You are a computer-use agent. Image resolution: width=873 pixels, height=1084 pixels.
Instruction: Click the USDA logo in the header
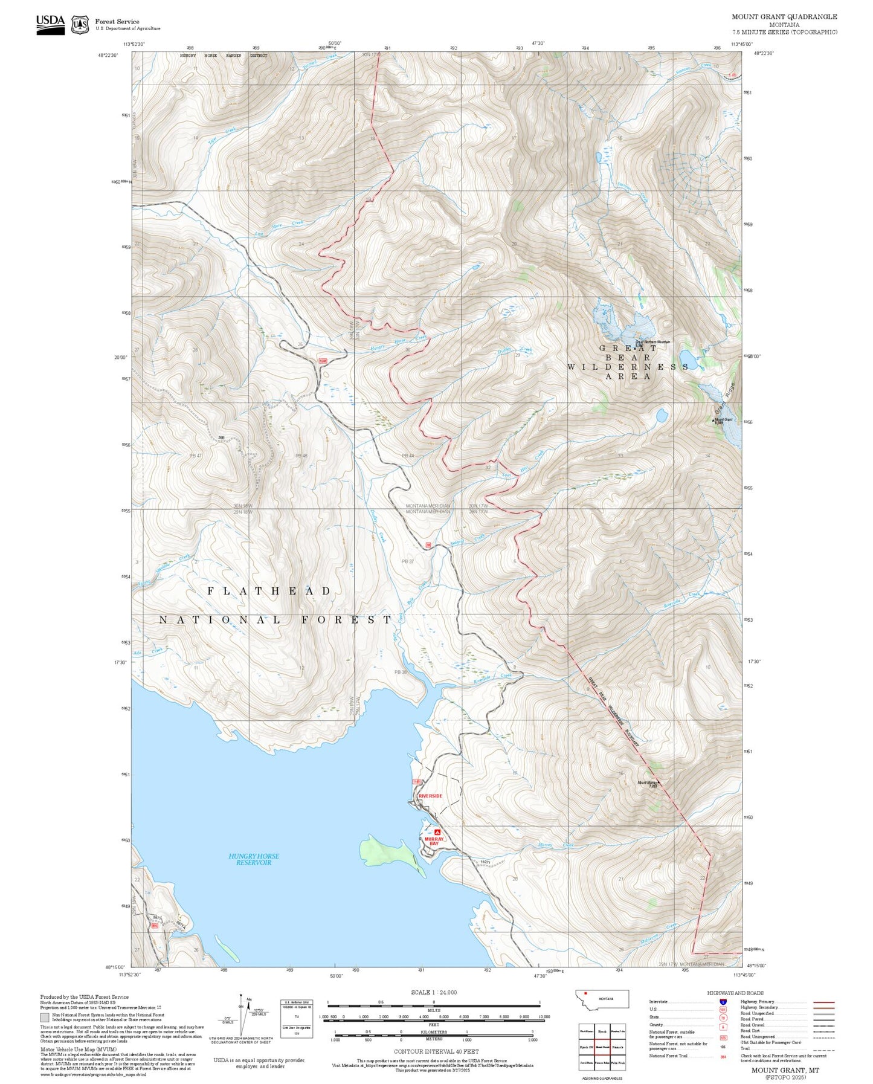tap(50, 24)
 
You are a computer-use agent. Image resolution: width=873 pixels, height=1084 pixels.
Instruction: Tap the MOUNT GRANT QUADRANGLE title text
tap(784, 17)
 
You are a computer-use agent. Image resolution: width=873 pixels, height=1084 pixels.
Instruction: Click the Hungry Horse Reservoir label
tap(254, 859)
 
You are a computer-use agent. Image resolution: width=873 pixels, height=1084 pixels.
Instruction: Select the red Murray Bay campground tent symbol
tap(437, 832)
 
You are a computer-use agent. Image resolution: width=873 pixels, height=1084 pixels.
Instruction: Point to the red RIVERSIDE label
tap(430, 796)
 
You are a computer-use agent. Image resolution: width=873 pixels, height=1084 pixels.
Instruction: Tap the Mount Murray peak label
tap(647, 784)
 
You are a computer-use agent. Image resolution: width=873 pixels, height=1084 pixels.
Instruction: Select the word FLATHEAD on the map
tap(269, 591)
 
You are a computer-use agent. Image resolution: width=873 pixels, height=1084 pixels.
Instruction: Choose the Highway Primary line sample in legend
tap(823, 1002)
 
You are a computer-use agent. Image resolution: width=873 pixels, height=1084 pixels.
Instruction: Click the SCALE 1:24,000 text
tap(434, 992)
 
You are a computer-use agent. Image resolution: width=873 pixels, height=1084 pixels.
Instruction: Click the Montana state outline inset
tap(602, 999)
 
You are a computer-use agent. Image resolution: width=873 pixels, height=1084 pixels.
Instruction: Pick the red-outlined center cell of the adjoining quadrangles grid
tap(602, 1047)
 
